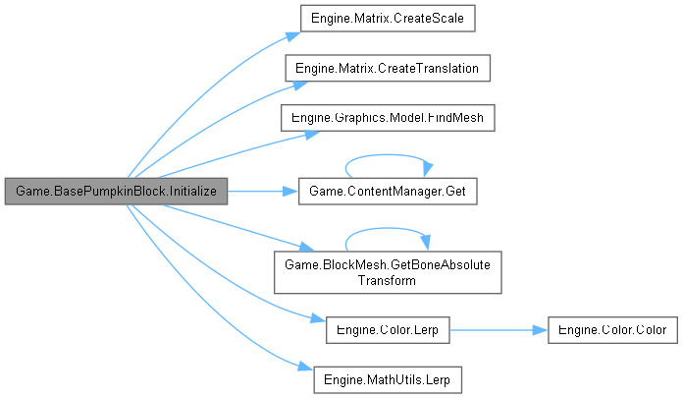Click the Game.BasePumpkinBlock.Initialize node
[116, 191]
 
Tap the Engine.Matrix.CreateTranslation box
[387, 68]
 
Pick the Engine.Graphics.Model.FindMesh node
[387, 117]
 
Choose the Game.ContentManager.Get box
[387, 191]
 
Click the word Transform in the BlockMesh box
[387, 279]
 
